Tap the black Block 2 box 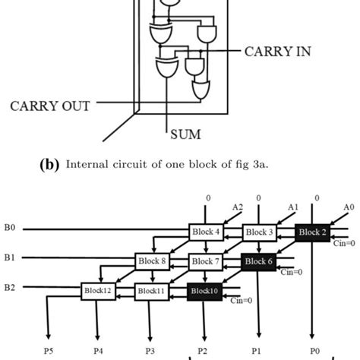(x=312, y=232)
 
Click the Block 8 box (x=150, y=261)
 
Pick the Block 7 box (x=204, y=261)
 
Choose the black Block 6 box (x=258, y=261)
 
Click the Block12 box (x=96, y=291)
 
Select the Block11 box (x=150, y=291)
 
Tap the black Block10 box (x=204, y=291)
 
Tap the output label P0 (x=312, y=351)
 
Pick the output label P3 (x=150, y=351)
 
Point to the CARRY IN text (x=277, y=52)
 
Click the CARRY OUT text (x=50, y=106)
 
